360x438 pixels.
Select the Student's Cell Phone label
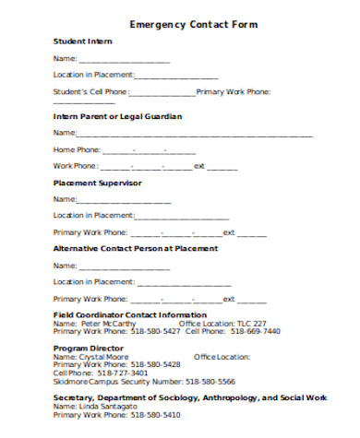tap(90, 91)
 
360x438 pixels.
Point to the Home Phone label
tap(77, 149)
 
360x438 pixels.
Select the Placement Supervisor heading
tap(97, 183)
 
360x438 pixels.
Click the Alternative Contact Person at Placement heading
tap(136, 249)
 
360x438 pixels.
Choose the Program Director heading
tap(88, 348)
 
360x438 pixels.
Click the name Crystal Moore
tap(104, 356)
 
